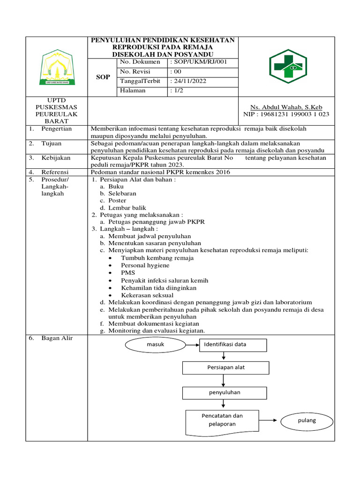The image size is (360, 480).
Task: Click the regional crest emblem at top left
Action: pos(56,67)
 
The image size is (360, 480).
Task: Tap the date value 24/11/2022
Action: pos(188,81)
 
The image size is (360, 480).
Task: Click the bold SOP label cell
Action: pos(103,77)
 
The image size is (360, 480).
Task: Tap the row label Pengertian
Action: pos(56,128)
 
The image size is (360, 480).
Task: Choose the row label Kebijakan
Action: pos(56,158)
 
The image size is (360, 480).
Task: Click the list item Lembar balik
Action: pos(127,208)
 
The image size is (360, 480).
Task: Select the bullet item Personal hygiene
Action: pos(145,265)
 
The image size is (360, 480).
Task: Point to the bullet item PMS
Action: pos(127,273)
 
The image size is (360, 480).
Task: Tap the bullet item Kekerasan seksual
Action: pos(147,295)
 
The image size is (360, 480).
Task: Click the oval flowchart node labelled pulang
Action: pos(307,420)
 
